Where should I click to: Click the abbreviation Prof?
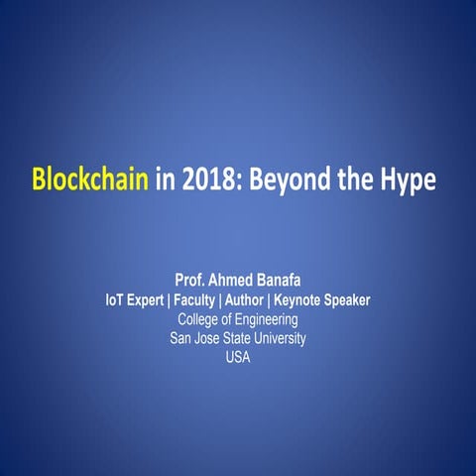click(191, 280)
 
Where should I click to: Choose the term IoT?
click(118, 299)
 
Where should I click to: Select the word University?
click(278, 338)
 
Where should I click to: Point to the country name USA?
click(238, 357)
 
